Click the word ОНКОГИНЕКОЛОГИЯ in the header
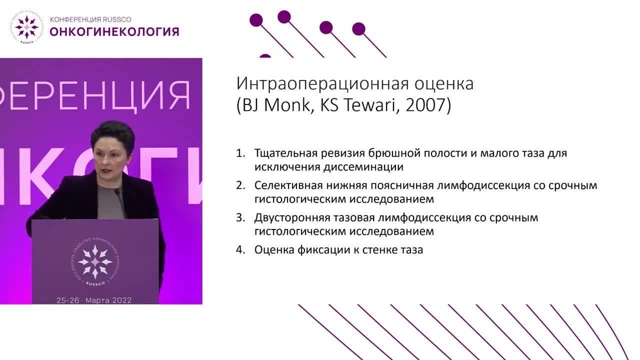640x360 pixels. (x=114, y=32)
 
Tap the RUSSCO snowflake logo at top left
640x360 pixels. (x=26, y=26)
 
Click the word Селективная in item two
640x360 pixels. (x=285, y=185)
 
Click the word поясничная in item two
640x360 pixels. (x=402, y=185)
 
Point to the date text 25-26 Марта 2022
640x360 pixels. (x=94, y=300)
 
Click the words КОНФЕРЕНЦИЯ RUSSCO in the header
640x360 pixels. (x=90, y=19)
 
